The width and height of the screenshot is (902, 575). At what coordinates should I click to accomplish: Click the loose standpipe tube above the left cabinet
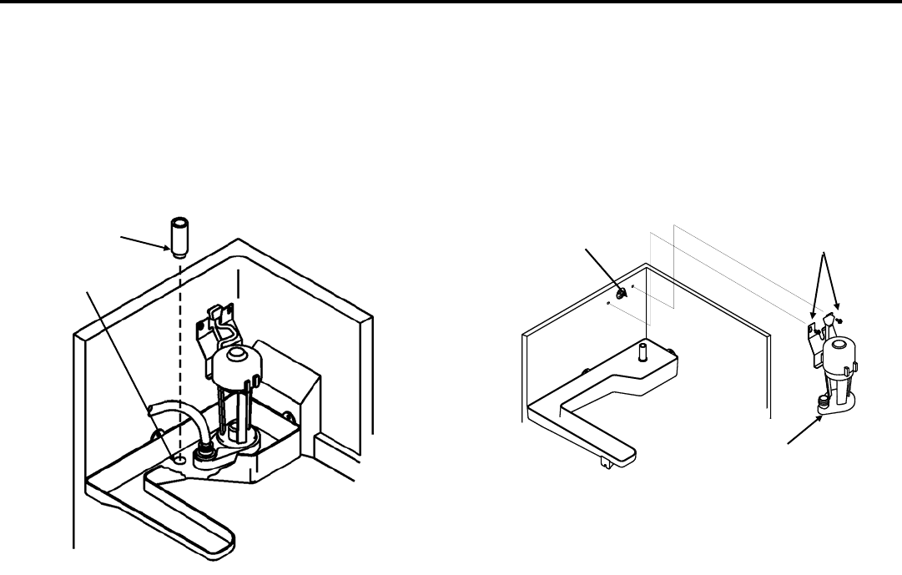pyautogui.click(x=178, y=237)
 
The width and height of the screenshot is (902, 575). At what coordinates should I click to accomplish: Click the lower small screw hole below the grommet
pyautogui.click(x=610, y=305)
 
